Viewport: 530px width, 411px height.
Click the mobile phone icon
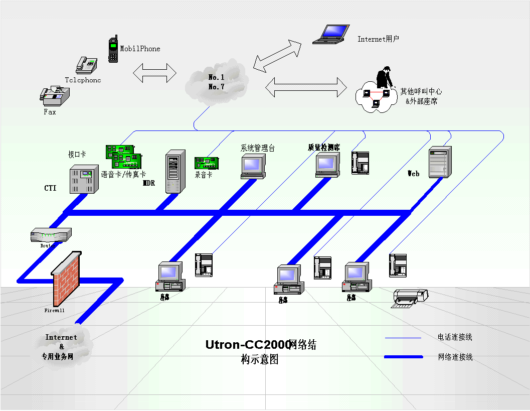coord(113,49)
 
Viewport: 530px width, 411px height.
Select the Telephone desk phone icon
coord(86,64)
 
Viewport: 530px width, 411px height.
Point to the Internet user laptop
coord(331,34)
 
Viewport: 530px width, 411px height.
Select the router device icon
coord(51,235)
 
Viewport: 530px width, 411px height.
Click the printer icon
coord(411,297)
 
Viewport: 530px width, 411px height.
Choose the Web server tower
coord(440,162)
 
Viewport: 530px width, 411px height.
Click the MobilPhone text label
coord(140,49)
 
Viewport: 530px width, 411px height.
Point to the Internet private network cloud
coord(62,346)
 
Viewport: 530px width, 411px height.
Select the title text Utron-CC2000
coord(248,345)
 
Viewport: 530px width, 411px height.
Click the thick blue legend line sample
coord(404,357)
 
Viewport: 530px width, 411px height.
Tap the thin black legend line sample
coord(403,338)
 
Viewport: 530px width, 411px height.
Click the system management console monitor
coord(253,166)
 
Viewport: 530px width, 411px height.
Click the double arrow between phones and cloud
coord(154,72)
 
